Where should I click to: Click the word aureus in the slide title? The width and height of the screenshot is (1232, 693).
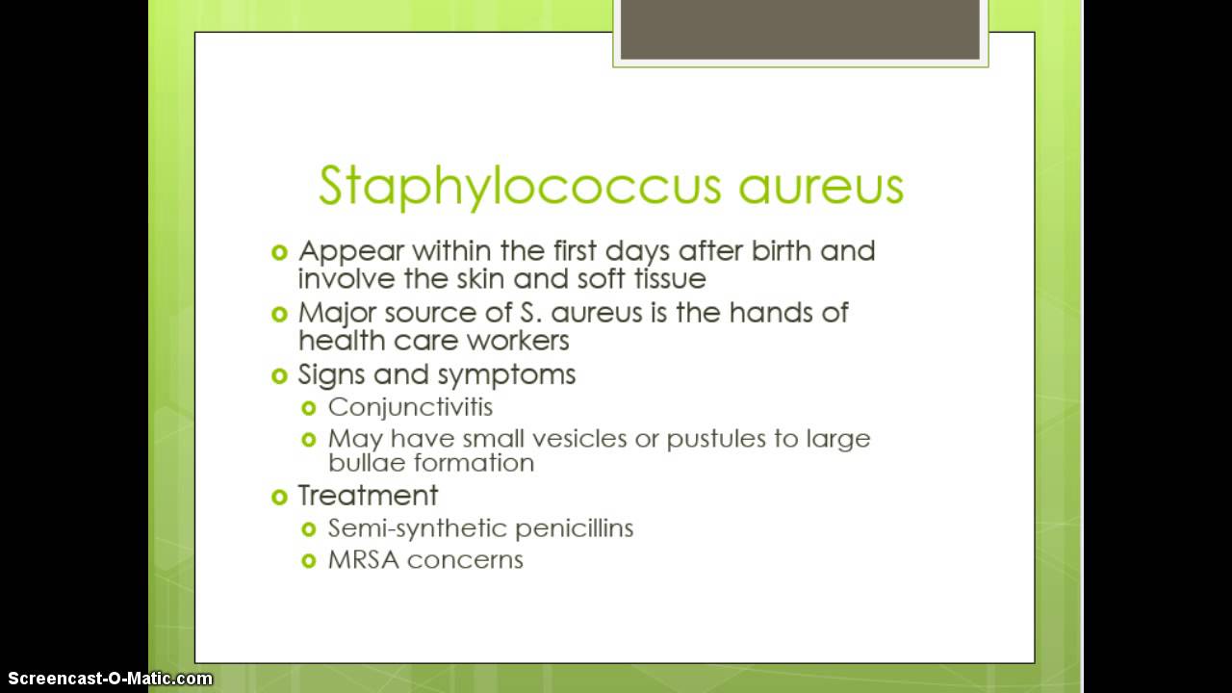821,186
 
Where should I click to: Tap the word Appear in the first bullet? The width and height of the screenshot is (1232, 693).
350,252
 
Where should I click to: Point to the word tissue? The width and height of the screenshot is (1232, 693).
665,279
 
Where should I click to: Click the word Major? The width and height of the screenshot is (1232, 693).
336,313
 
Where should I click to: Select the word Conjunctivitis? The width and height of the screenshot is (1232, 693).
410,406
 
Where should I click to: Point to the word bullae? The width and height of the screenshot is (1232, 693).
364,463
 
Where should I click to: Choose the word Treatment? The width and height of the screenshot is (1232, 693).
368,496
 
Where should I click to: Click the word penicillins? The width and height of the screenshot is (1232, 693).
574,528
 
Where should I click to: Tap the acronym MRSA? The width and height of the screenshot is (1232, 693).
359,560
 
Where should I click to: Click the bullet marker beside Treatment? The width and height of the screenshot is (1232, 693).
280,497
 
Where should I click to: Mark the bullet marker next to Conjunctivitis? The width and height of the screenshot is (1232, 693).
309,407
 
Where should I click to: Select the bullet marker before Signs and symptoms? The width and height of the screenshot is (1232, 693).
280,374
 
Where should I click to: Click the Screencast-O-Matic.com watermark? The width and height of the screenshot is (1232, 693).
107,679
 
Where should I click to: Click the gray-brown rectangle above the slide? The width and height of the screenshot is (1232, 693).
800,30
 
